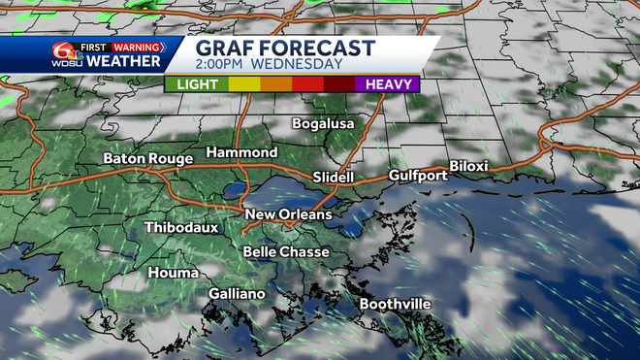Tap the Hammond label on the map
tap(241, 153)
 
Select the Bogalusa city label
tap(325, 124)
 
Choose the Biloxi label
tap(468, 167)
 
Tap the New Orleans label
tap(288, 214)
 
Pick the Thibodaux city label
tap(181, 228)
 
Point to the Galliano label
tap(238, 293)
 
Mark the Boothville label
tap(395, 305)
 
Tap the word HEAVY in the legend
tap(386, 83)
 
